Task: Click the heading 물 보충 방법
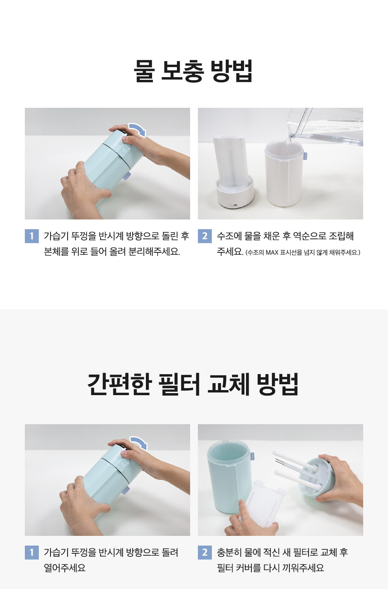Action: (x=193, y=71)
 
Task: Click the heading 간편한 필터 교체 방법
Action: (x=193, y=384)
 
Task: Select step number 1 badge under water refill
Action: (x=32, y=236)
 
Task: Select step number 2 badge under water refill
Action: (x=205, y=236)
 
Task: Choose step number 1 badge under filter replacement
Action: (x=32, y=552)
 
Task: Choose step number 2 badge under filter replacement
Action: (x=205, y=552)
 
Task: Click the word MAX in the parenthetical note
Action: (x=272, y=253)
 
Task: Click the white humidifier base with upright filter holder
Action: (x=233, y=172)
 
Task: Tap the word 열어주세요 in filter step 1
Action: (x=65, y=568)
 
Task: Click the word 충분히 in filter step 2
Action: (x=229, y=552)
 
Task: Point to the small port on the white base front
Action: (x=232, y=205)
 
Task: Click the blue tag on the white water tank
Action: (x=305, y=155)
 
